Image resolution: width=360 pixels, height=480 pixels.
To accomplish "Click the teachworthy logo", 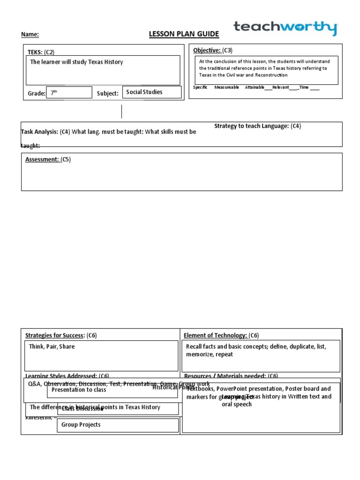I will tap(285, 28).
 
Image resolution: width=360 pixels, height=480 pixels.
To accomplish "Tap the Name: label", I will tap(30, 34).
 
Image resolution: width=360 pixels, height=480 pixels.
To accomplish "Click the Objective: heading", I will tap(207, 50).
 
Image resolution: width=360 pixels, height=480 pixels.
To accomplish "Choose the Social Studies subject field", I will tap(151, 92).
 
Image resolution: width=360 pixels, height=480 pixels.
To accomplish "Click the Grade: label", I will tap(37, 93).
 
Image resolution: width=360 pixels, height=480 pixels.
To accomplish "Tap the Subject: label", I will tap(107, 93).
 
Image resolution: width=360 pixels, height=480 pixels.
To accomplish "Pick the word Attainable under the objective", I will tap(255, 87).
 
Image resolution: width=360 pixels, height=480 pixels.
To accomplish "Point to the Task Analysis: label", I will tap(39, 132).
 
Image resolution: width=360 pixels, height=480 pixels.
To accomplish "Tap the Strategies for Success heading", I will tap(54, 335).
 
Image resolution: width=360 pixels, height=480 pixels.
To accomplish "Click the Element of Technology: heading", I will tap(215, 335).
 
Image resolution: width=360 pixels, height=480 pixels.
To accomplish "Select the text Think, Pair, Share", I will tap(52, 346).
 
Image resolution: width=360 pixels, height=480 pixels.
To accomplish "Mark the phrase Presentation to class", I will tap(79, 390).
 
